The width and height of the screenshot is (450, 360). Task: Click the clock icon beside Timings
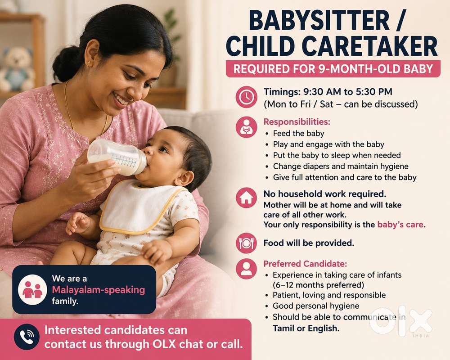pos(246,97)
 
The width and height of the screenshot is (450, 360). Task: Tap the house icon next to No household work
pos(246,198)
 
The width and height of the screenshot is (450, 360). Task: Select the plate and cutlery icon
pos(246,243)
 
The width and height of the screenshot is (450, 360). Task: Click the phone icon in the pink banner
pos(27,337)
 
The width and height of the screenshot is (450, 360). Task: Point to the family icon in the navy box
pos(32,289)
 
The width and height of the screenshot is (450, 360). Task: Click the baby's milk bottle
pos(117,157)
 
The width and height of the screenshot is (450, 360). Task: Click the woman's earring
pos(89,63)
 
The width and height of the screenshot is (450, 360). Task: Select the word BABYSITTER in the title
pos(319,21)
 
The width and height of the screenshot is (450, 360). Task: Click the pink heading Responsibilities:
pos(297,121)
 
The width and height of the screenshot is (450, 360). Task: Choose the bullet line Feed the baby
pos(298,134)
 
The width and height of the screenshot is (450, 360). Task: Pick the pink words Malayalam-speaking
pos(99,290)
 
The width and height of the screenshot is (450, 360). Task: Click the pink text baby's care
pos(401,225)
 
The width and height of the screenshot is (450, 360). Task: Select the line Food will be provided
pos(309,243)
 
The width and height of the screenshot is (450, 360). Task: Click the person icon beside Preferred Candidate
pos(246,269)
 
